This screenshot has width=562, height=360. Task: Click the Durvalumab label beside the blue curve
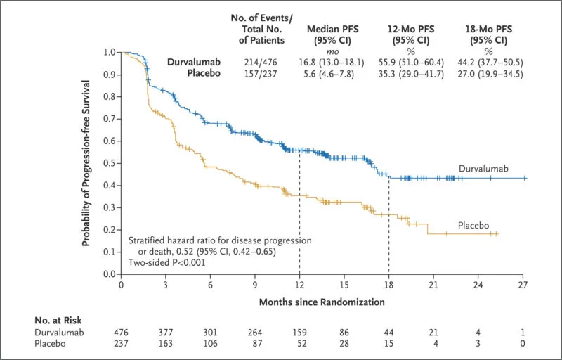click(485, 169)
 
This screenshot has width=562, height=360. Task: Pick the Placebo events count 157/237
click(256, 75)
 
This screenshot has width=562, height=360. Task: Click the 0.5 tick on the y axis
click(109, 163)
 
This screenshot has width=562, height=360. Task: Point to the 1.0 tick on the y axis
click(109, 52)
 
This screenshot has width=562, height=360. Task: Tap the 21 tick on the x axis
click(433, 286)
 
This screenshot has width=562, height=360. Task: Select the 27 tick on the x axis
click(523, 286)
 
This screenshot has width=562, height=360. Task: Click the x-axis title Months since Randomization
click(322, 302)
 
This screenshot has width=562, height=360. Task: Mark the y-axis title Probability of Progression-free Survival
click(86, 162)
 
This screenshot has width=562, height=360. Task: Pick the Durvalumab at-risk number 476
click(121, 331)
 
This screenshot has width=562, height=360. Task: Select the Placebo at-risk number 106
click(210, 344)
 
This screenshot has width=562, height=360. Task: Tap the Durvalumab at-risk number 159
click(299, 331)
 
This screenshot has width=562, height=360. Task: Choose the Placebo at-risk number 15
click(388, 344)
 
